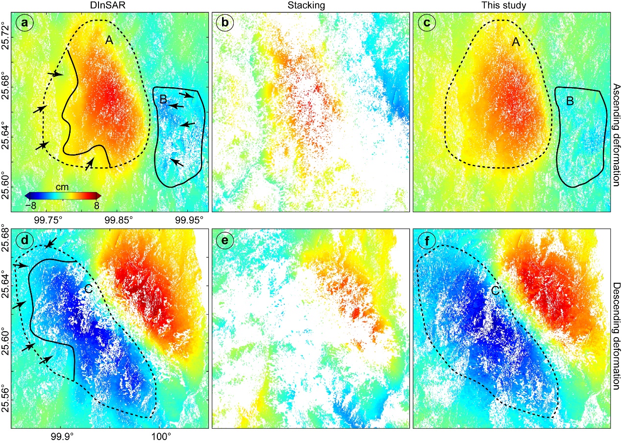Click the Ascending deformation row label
(616, 112)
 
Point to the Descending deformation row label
(616, 328)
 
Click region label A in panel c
(515, 43)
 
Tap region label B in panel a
(163, 100)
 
